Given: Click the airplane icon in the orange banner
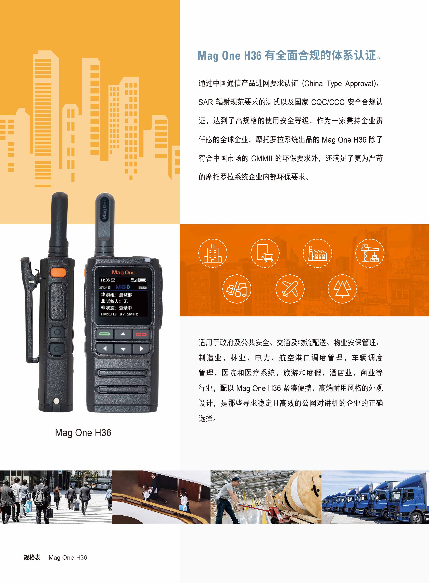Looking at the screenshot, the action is [290, 289].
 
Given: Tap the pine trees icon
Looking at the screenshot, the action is [342, 289].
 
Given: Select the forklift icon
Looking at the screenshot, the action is [237, 289].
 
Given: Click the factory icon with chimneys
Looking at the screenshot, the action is [317, 253].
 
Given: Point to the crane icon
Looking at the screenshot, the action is [370, 253].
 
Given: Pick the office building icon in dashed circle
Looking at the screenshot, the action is [213, 253].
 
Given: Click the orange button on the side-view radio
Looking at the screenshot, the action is [58, 272].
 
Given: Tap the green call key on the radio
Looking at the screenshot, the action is [104, 334].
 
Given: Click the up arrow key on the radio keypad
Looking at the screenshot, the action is [123, 334].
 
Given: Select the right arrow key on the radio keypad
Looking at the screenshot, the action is [141, 349].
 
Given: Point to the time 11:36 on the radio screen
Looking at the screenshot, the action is [105, 280].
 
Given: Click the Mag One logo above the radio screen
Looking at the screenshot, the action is [123, 272].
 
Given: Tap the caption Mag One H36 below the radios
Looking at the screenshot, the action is [83, 433].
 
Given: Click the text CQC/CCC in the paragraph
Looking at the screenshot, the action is [328, 102].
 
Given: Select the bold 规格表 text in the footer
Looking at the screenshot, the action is [32, 557].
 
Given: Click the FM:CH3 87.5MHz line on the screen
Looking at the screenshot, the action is [120, 314].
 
